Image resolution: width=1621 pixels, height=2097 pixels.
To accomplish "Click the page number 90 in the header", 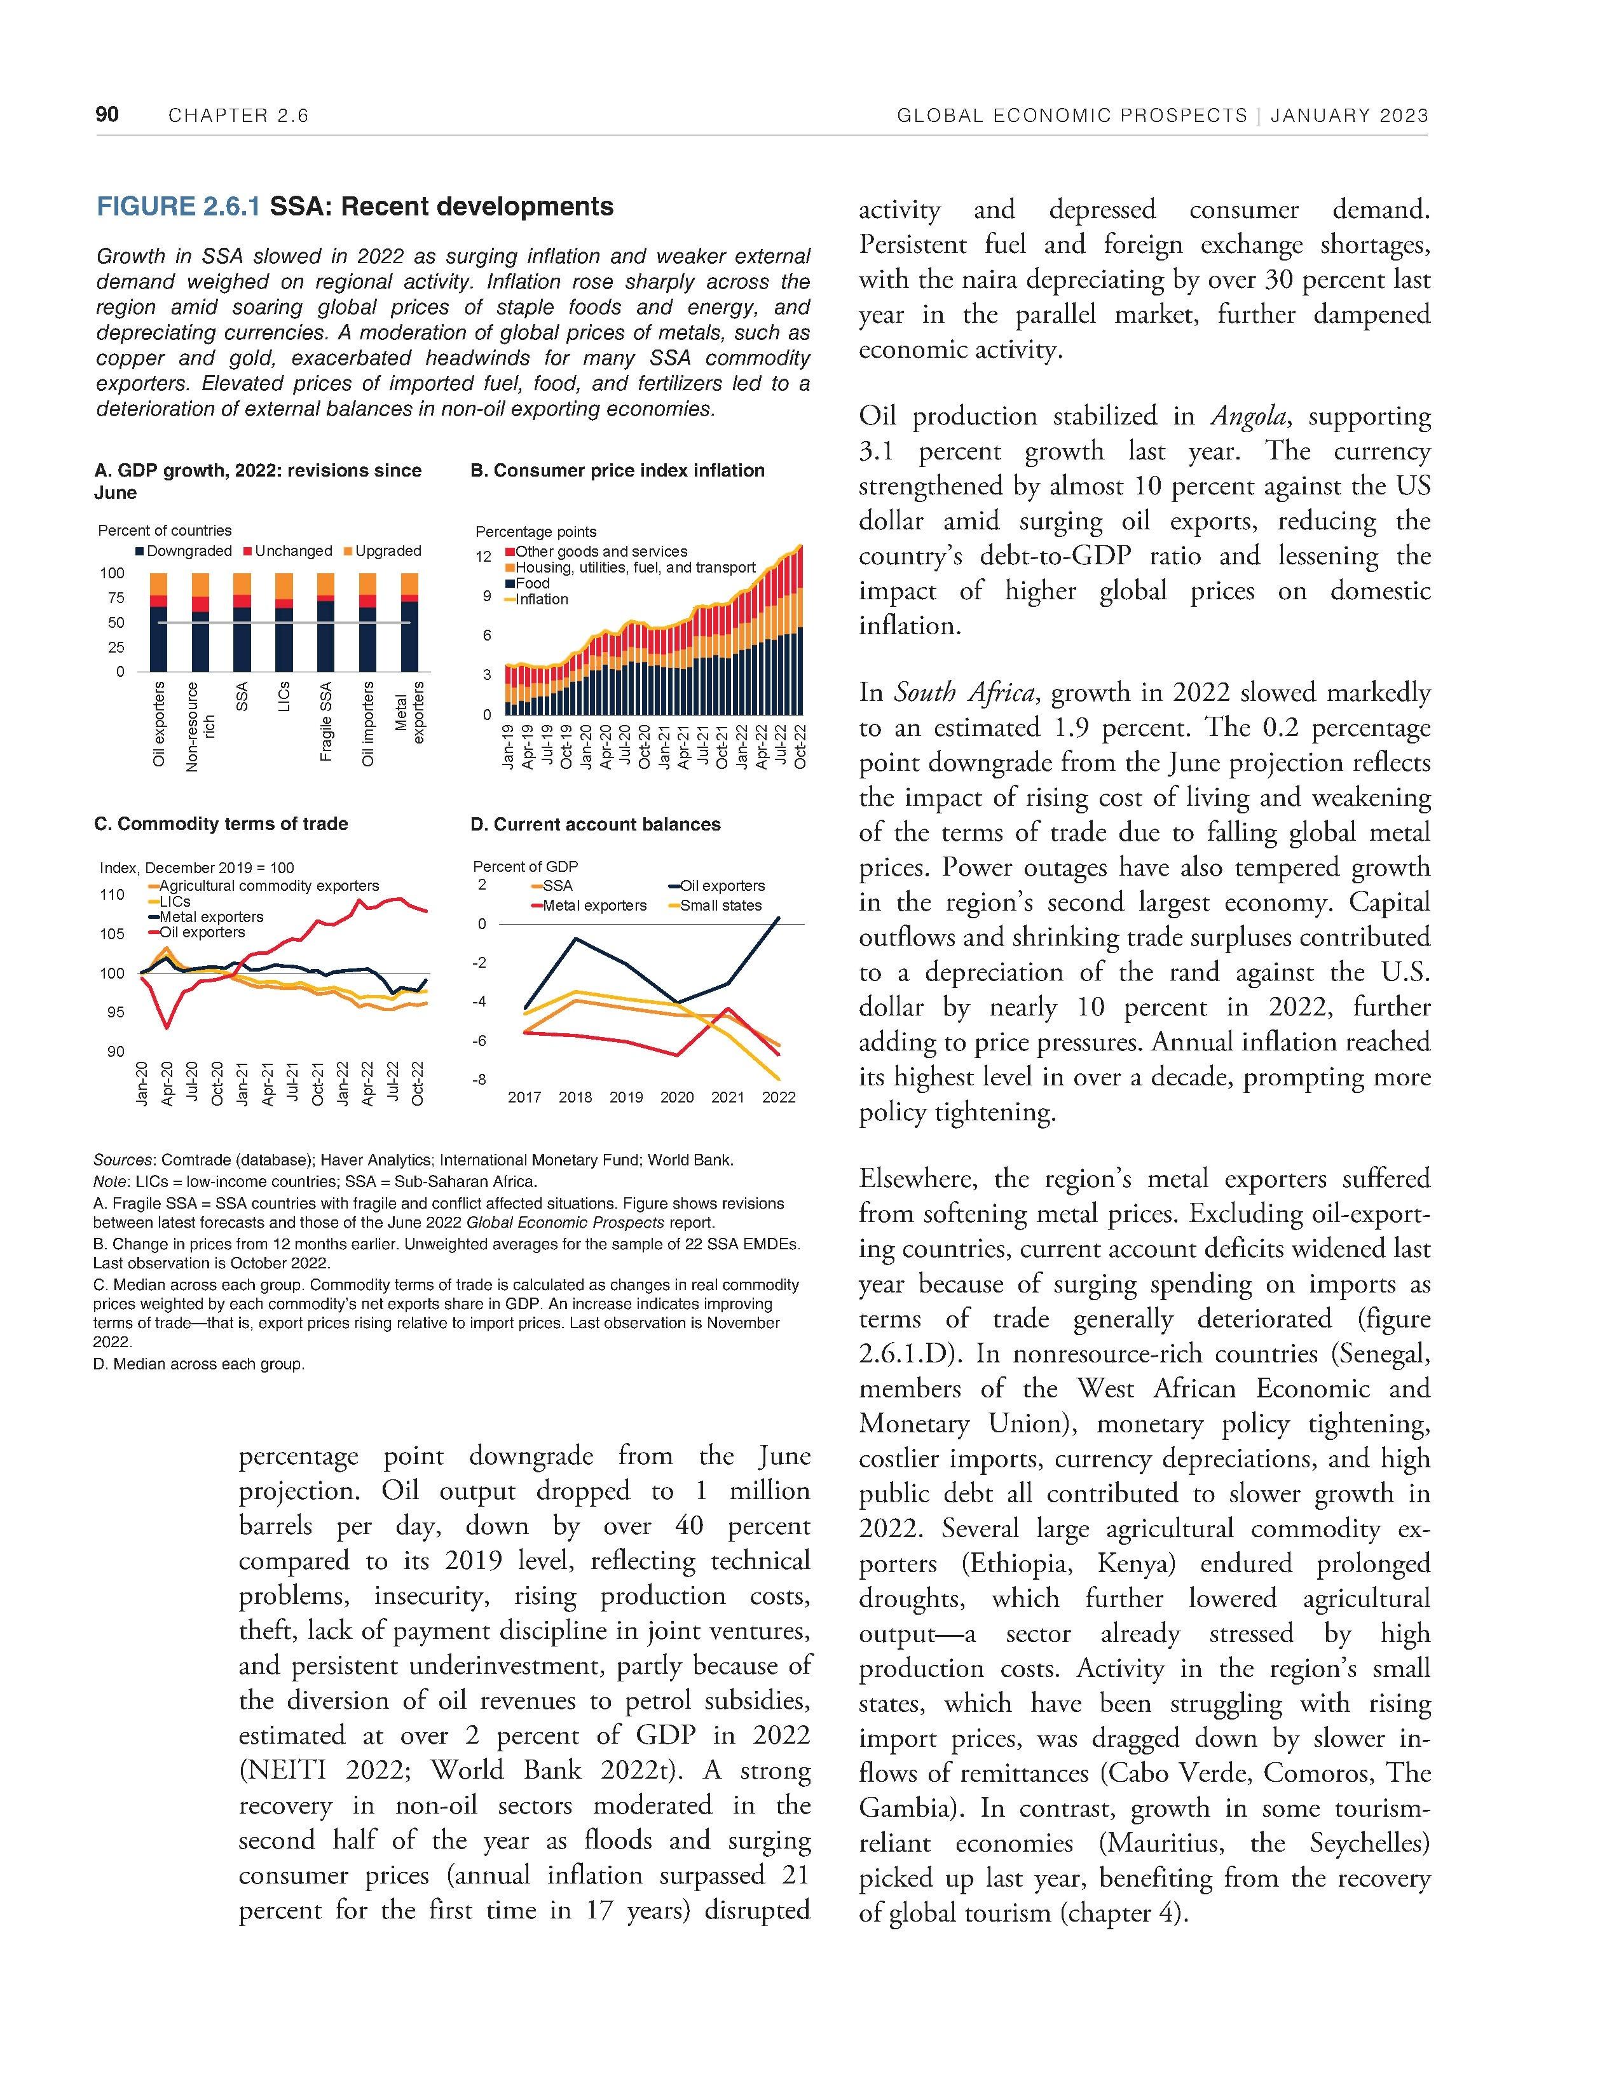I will pyautogui.click(x=107, y=115).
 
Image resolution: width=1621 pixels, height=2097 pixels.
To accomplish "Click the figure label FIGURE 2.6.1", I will pyautogui.click(x=179, y=207).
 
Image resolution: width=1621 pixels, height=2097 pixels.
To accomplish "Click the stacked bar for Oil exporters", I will pyautogui.click(x=158, y=622).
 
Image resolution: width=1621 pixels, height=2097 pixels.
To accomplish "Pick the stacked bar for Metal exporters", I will pyautogui.click(x=409, y=622).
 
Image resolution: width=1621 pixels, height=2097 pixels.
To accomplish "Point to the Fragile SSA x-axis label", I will pyautogui.click(x=327, y=722).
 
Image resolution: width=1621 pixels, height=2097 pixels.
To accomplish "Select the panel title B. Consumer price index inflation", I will pyautogui.click(x=617, y=470).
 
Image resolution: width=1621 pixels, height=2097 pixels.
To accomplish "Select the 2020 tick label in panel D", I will pyautogui.click(x=677, y=1097).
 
